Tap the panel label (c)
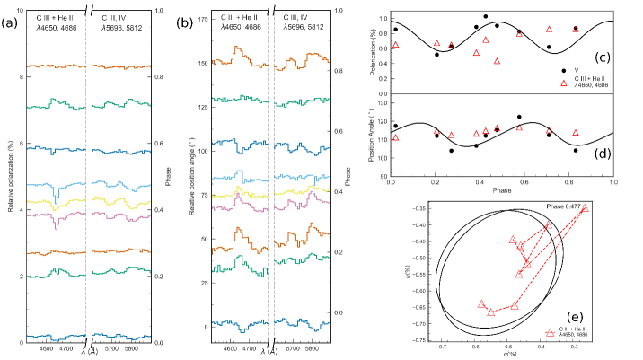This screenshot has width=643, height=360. [603, 57]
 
